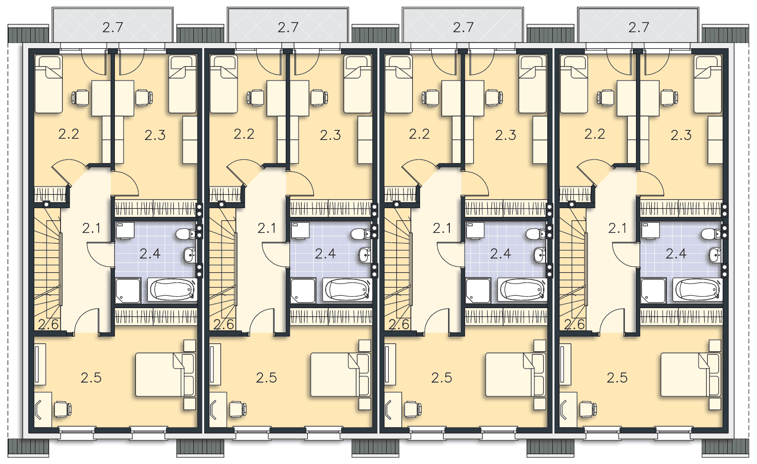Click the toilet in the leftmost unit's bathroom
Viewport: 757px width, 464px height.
pyautogui.click(x=186, y=233)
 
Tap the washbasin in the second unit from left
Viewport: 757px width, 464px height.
pyautogui.click(x=365, y=255)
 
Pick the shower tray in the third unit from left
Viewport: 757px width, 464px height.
pyautogui.click(x=478, y=291)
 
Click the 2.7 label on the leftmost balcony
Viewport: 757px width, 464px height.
pyautogui.click(x=112, y=27)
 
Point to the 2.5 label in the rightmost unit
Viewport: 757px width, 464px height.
pyautogui.click(x=617, y=378)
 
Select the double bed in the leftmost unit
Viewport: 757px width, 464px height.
pyautogui.click(x=166, y=374)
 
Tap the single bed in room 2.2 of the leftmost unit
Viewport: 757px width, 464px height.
pyautogui.click(x=49, y=84)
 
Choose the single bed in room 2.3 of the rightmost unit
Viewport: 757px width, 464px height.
pyautogui.click(x=708, y=84)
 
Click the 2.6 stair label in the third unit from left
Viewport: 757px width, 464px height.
pyautogui.click(x=399, y=325)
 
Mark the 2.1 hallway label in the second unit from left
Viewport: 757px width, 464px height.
pyautogui.click(x=267, y=229)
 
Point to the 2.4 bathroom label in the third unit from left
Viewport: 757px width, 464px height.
pyautogui.click(x=501, y=253)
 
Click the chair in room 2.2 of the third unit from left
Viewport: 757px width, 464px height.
pyautogui.click(x=431, y=98)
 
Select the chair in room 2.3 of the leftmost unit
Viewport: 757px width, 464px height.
pyautogui.click(x=144, y=97)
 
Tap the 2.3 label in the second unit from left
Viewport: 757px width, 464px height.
pyautogui.click(x=330, y=135)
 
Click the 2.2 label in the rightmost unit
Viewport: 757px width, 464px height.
pyautogui.click(x=595, y=134)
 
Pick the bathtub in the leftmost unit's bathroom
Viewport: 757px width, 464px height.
pyautogui.click(x=172, y=290)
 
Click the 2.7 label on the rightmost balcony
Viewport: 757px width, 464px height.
pyautogui.click(x=639, y=27)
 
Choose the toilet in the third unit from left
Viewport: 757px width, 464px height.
pyautogui.click(x=536, y=233)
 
